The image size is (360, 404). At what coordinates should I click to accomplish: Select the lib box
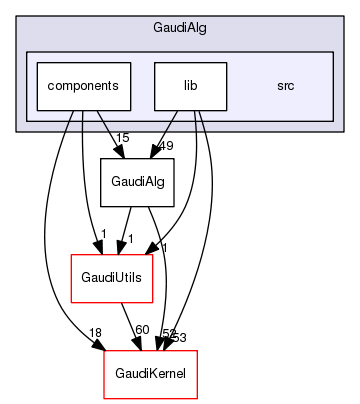190,86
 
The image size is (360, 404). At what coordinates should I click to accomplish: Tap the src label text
285,86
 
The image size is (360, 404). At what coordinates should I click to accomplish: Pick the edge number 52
168,333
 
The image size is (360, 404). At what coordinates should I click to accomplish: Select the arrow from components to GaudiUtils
81,180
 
